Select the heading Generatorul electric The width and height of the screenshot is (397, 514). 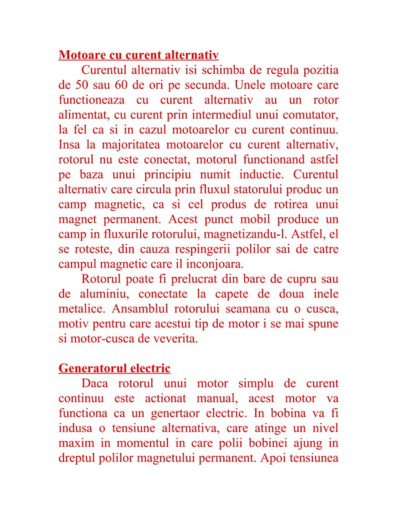click(x=114, y=367)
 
